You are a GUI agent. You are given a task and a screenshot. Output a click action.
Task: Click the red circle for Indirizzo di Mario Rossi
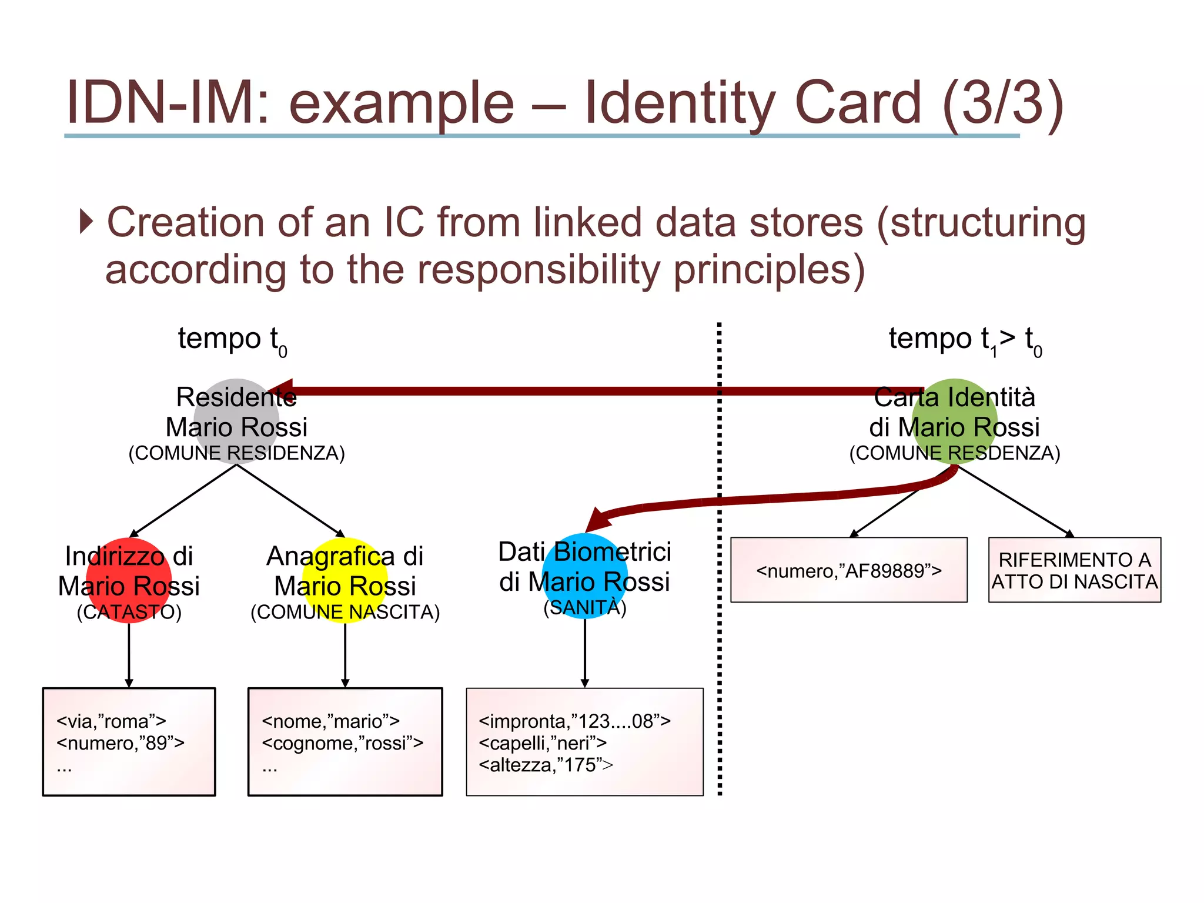pos(129,580)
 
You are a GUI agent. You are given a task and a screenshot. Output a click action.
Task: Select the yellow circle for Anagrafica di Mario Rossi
pos(345,580)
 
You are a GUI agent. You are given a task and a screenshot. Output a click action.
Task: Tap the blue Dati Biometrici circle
pos(584,576)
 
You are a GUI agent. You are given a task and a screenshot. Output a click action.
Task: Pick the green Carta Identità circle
pos(955,422)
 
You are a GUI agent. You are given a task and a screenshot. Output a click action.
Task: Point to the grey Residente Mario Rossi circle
pos(236,422)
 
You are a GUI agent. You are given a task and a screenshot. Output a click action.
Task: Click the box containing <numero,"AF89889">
pos(848,570)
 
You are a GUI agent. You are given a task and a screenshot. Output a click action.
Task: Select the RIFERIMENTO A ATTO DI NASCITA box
pos(1074,570)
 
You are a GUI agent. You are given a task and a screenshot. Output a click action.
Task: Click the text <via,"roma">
pos(111,721)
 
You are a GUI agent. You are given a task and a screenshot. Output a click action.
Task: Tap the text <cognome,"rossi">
pos(343,744)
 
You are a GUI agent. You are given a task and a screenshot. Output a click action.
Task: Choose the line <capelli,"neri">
pos(543,744)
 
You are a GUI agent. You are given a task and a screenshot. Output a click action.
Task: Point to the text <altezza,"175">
pos(546,765)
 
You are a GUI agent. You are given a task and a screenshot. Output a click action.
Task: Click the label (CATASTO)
pos(129,613)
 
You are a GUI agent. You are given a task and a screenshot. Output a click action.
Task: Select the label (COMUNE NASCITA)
pos(345,613)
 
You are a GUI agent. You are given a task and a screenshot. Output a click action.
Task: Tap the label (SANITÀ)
pos(585,608)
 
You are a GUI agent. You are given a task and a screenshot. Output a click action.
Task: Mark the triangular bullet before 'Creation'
pos(86,222)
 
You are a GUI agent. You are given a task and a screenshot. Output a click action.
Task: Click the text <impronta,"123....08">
pos(574,721)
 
